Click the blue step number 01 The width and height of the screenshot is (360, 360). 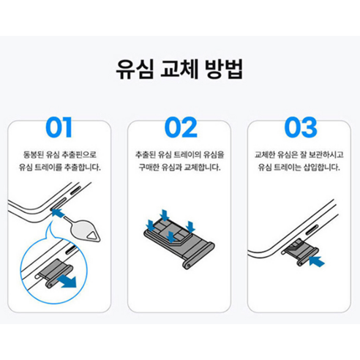tap(59, 127)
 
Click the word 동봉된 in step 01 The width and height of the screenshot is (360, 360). tap(36, 155)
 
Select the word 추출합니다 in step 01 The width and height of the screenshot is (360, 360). tap(81, 168)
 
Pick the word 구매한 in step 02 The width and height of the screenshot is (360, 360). tap(148, 168)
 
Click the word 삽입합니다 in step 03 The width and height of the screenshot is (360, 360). tap(321, 168)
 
